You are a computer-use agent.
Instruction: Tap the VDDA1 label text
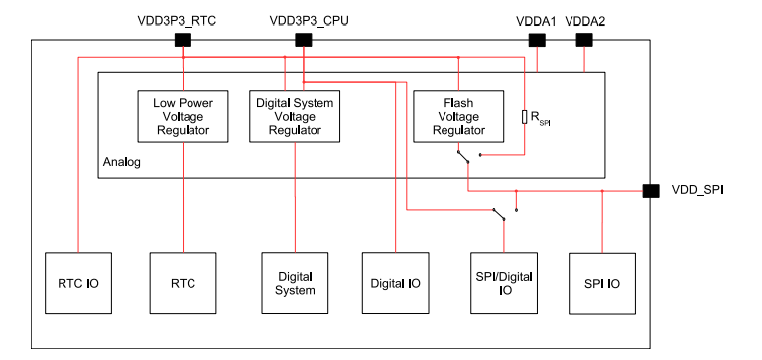tap(536, 19)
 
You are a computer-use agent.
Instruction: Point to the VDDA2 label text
tap(585, 19)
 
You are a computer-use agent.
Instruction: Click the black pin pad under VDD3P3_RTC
tap(183, 40)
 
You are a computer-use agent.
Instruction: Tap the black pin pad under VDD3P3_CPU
tap(304, 40)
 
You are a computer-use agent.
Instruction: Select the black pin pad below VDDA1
tap(537, 40)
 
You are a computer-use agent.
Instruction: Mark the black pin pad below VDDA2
tap(584, 40)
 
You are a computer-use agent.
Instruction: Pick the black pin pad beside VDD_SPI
tap(651, 191)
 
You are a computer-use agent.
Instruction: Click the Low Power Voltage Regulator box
tap(183, 116)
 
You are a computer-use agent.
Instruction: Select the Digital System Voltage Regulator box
tap(295, 116)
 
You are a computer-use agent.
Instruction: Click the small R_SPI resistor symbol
tap(524, 118)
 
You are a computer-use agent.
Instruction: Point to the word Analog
tap(122, 161)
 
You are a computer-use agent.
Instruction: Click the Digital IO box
tap(395, 283)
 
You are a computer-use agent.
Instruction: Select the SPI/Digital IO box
tap(504, 283)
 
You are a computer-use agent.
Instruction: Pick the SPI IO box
tap(601, 283)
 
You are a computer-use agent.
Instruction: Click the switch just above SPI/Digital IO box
tap(500, 214)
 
